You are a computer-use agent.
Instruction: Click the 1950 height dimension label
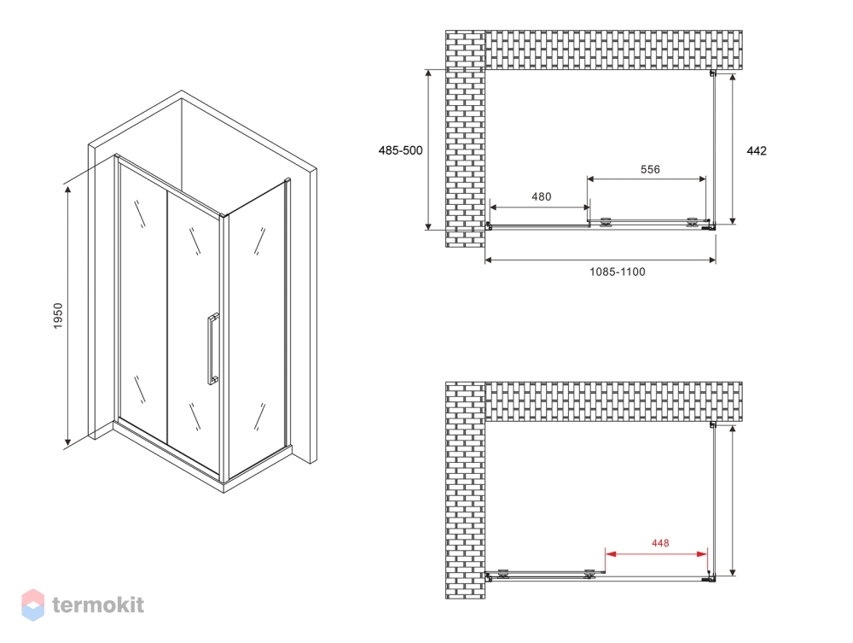coord(58,315)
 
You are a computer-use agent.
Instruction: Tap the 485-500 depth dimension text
coord(400,151)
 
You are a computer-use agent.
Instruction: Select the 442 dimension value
coord(756,151)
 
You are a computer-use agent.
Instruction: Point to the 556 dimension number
coord(650,169)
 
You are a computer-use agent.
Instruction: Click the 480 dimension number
coord(542,196)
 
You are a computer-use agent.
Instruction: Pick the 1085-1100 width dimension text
coord(618,272)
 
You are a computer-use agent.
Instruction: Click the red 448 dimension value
coord(660,543)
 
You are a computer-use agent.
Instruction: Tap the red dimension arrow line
coord(657,554)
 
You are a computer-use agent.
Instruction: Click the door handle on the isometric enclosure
coord(212,348)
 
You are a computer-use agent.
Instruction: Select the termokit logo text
coord(98,605)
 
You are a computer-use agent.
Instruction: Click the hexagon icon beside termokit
coord(32,605)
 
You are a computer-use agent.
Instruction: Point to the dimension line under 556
coord(647,178)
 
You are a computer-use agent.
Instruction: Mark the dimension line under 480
coord(540,207)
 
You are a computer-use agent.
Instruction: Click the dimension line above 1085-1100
coord(600,260)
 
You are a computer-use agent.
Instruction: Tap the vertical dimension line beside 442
coord(733,149)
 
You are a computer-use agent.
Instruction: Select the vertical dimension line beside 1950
coord(68,316)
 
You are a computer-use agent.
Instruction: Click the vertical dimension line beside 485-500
coord(429,149)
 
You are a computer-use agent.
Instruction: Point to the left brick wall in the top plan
coord(465,138)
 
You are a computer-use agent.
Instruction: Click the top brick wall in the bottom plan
coord(613,402)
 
